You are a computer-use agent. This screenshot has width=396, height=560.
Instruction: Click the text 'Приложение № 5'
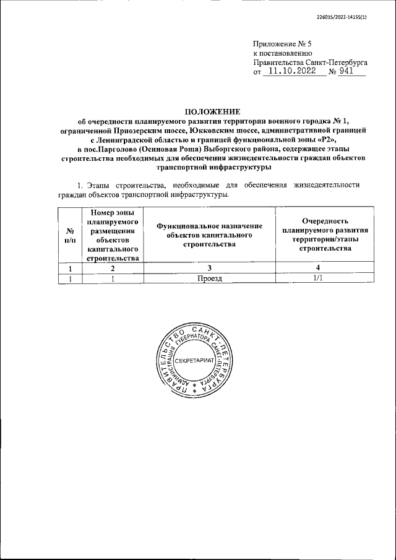(x=281, y=44)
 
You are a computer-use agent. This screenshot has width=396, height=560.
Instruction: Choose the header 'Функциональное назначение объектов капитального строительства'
(x=210, y=235)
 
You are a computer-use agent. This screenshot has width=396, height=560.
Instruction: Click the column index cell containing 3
(x=210, y=268)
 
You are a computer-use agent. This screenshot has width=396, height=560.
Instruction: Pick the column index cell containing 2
(x=113, y=268)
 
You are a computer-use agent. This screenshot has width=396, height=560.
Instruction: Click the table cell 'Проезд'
(x=210, y=278)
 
